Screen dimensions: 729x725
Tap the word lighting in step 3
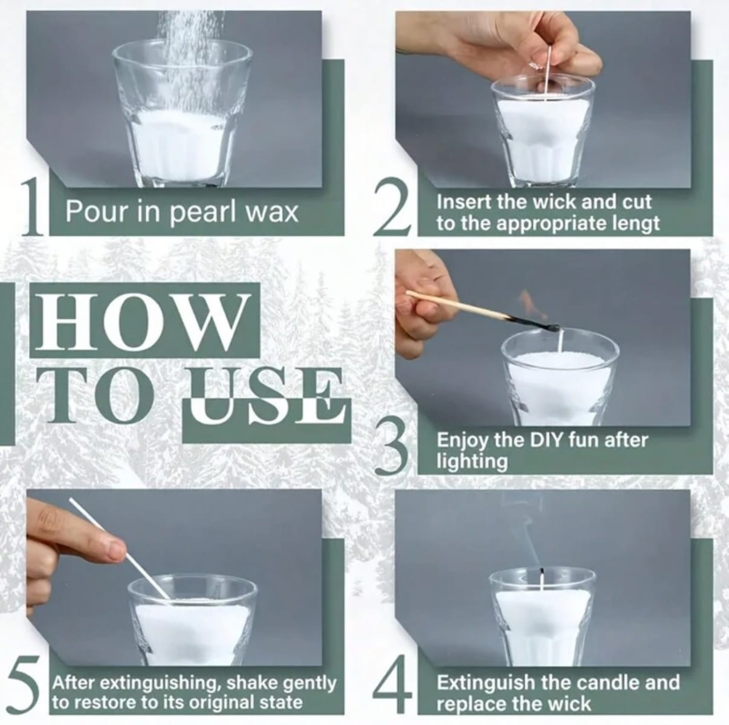point(471,462)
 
